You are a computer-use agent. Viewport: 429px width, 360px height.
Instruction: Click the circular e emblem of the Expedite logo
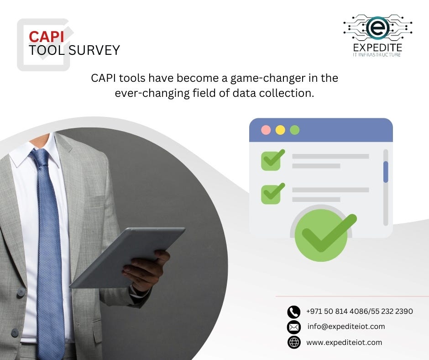[x=377, y=28]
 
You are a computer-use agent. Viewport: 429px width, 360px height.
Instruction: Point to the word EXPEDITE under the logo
[x=377, y=48]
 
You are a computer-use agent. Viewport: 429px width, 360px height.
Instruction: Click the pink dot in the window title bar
[x=266, y=130]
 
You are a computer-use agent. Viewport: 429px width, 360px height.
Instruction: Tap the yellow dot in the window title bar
[x=280, y=130]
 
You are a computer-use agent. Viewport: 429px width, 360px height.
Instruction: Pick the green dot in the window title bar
[x=295, y=130]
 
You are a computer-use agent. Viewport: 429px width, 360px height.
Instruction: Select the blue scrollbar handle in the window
[x=386, y=172]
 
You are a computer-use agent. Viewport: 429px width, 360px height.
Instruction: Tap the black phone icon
[x=294, y=312]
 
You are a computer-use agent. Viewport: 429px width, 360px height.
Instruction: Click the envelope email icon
[x=294, y=327]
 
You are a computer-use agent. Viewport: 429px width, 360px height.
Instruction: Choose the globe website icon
[x=294, y=342]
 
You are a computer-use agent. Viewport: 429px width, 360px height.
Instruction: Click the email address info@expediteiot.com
[x=346, y=327]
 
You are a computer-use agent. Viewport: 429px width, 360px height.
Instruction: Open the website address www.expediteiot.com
[x=344, y=342]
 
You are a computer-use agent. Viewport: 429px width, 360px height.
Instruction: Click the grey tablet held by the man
[x=123, y=256]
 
